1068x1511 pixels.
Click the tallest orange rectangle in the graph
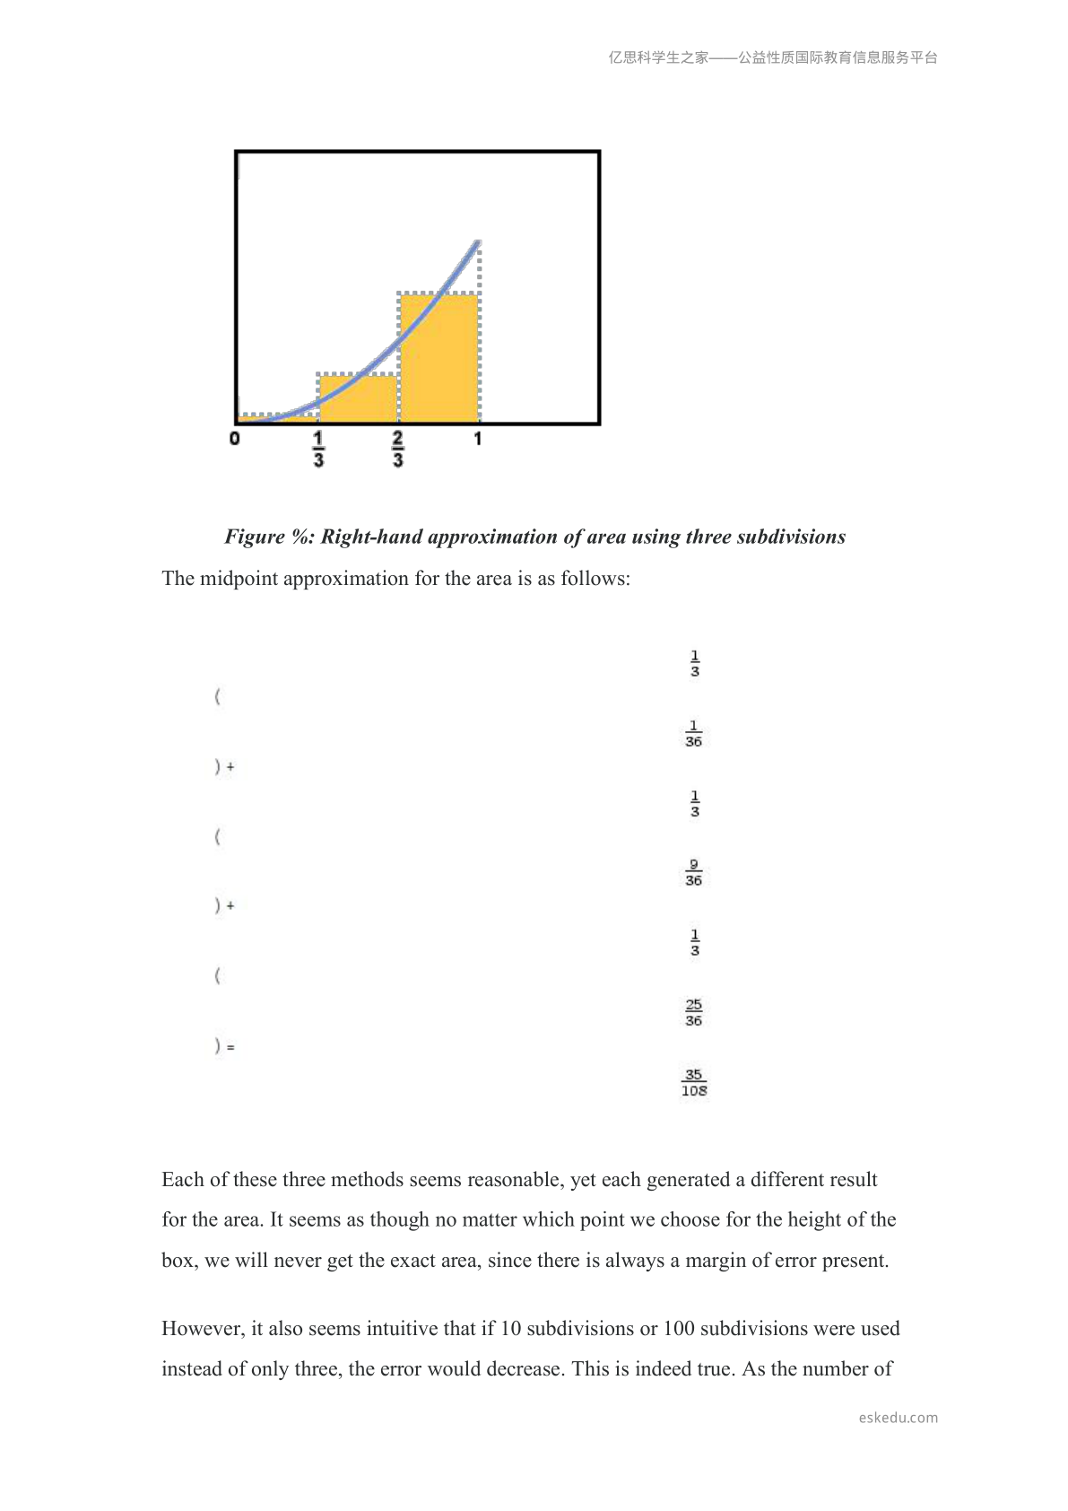tap(439, 359)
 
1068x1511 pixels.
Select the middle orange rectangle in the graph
tap(359, 399)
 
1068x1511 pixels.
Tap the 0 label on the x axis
tap(235, 439)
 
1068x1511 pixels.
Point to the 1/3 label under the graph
tap(318, 449)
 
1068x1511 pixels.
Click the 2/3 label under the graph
tap(398, 449)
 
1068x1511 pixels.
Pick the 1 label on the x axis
tap(478, 439)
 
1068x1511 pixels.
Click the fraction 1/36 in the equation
tap(693, 734)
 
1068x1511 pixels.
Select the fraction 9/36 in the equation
tap(693, 873)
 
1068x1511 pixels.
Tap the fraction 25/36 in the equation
tap(693, 1013)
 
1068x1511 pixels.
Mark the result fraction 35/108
tap(694, 1083)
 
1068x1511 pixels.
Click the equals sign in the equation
tap(230, 1047)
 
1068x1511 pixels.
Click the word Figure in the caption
tap(255, 537)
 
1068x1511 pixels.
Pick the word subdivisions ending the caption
tap(791, 537)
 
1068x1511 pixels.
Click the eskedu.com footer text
tap(898, 1418)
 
